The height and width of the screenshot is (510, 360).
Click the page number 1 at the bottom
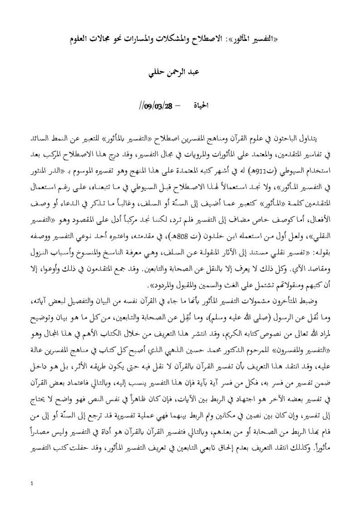pyautogui.click(x=32, y=483)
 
